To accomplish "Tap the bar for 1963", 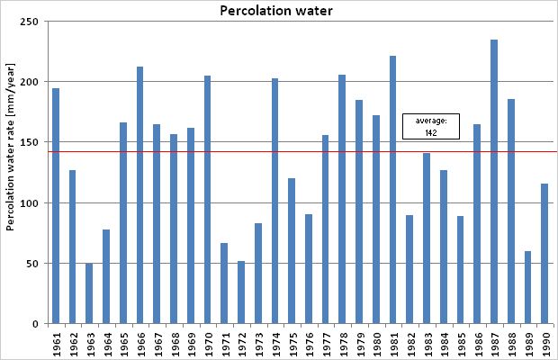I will (89, 293).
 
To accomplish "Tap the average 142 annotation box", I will (430, 126).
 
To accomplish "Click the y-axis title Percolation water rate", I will (11, 171).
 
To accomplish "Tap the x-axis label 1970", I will (207, 343).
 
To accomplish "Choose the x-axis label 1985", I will (460, 343).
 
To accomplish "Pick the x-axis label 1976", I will (309, 343).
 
